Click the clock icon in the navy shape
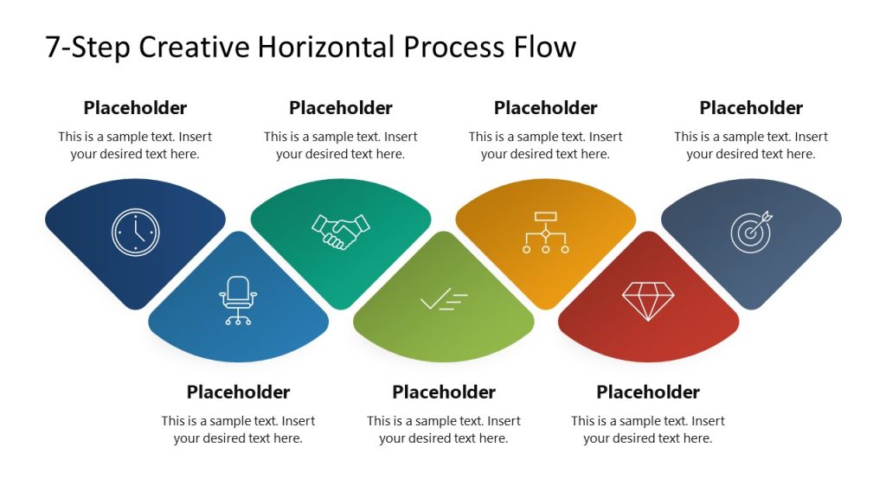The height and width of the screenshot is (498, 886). point(136,232)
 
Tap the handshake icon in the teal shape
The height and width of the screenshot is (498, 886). point(341,232)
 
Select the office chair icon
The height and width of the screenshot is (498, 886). point(238,300)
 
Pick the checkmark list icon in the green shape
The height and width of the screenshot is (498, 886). point(443,300)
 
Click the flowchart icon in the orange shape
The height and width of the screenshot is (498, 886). point(546,232)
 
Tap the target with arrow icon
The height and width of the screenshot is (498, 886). point(751,232)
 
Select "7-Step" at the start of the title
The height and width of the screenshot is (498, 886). point(87,47)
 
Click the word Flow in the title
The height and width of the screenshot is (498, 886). point(546,47)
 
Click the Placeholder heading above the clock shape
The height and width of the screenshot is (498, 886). point(135,108)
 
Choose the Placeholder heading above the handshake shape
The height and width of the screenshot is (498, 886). point(341,108)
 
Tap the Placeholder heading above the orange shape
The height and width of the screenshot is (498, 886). point(546,108)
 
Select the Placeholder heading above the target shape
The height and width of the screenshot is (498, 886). point(751,108)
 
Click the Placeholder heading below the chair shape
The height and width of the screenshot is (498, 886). point(238,393)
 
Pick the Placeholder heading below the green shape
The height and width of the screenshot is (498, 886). point(443,393)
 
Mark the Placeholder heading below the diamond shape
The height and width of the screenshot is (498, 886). point(648,393)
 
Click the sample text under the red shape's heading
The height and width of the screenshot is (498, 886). point(648,430)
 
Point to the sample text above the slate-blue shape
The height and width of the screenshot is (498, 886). point(751,145)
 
